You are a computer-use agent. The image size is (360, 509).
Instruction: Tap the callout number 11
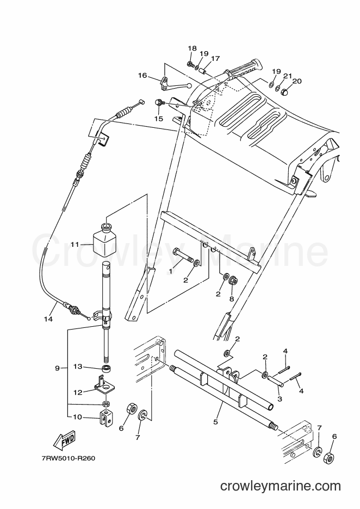tap(75, 244)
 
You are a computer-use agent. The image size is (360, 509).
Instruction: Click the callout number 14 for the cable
tap(48, 319)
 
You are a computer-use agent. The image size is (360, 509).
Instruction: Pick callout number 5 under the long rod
tap(215, 422)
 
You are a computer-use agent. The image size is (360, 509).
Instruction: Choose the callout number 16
tap(142, 75)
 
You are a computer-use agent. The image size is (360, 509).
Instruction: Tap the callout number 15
tap(158, 119)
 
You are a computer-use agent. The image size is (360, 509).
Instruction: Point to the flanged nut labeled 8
tap(233, 281)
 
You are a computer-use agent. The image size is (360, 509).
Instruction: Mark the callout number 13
tap(78, 367)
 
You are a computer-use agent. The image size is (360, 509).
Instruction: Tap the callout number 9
tap(57, 368)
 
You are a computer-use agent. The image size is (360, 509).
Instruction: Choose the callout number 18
tap(192, 48)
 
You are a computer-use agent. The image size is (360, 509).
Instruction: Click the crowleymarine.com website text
tap(281, 487)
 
